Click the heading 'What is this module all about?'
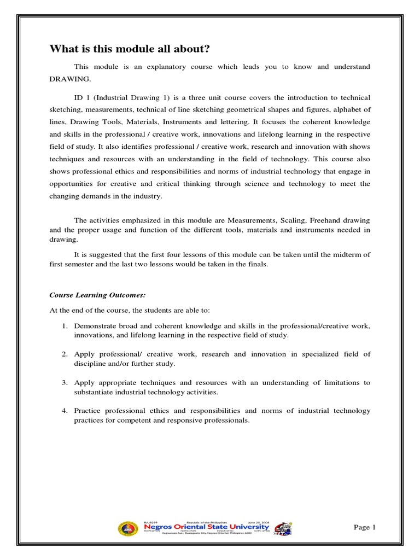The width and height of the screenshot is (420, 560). [x=130, y=49]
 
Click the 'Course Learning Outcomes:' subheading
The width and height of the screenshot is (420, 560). [x=97, y=295]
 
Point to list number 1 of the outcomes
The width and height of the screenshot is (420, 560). [x=65, y=326]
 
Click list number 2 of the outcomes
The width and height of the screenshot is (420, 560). [x=65, y=354]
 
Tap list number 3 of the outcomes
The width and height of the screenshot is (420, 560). [x=65, y=383]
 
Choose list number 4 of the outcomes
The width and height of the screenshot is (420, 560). [x=65, y=411]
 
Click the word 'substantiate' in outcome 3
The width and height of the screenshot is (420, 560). [x=94, y=392]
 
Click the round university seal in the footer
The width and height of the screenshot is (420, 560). [x=127, y=528]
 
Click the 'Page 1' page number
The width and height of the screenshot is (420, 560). [x=365, y=527]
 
